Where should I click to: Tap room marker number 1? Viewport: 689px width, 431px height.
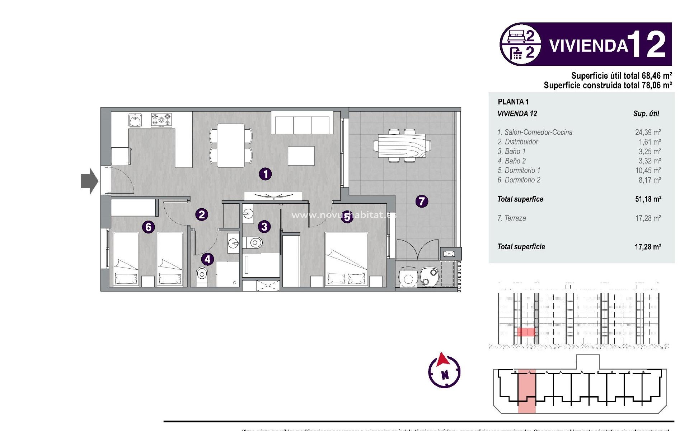pyautogui.click(x=265, y=174)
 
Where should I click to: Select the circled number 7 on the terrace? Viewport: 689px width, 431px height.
pyautogui.click(x=422, y=201)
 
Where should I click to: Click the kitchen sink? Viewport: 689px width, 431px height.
pyautogui.click(x=135, y=120)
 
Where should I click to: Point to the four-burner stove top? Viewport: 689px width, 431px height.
pyautogui.click(x=161, y=120)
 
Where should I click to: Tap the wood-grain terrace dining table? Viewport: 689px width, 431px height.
pyautogui.click(x=402, y=146)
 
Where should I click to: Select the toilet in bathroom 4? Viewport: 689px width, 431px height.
pyautogui.click(x=202, y=277)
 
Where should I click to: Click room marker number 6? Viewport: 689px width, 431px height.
pyautogui.click(x=148, y=227)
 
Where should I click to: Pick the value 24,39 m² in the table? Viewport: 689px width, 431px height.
pyautogui.click(x=648, y=132)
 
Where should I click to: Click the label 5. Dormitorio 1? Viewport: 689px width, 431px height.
pyautogui.click(x=519, y=170)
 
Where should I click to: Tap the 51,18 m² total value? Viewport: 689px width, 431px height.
pyautogui.click(x=648, y=199)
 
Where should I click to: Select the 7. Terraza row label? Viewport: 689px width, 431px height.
pyautogui.click(x=511, y=218)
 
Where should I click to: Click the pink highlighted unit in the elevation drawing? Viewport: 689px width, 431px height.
pyautogui.click(x=525, y=332)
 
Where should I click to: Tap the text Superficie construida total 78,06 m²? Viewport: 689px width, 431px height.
pyautogui.click(x=607, y=85)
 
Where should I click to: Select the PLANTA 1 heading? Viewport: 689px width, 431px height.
pyautogui.click(x=513, y=102)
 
